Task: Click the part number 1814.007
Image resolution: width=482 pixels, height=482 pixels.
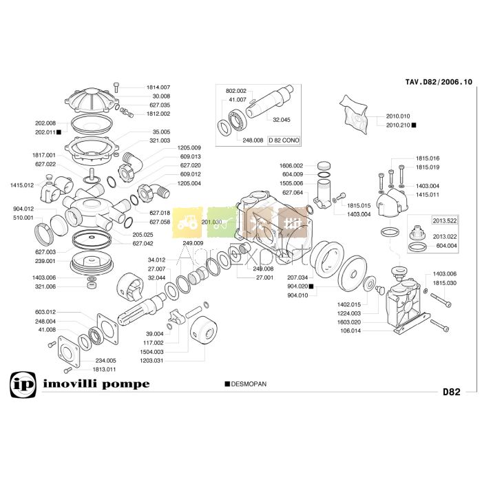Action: click(158, 87)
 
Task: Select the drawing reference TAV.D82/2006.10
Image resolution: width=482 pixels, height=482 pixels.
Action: click(439, 82)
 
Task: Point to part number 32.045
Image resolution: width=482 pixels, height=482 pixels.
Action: click(282, 120)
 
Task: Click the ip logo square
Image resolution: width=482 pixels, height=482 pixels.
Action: click(21, 385)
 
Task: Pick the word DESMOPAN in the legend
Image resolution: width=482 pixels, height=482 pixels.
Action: click(248, 384)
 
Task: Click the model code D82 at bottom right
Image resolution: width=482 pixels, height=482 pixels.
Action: click(451, 392)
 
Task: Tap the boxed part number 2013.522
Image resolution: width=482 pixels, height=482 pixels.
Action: click(444, 220)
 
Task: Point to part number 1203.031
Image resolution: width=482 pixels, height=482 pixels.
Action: click(151, 360)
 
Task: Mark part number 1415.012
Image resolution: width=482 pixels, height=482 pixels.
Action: click(21, 185)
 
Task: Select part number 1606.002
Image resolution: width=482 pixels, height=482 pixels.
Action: click(291, 166)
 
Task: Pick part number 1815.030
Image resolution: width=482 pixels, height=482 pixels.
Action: click(445, 283)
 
